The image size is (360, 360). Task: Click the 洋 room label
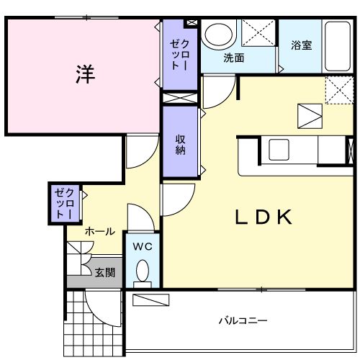(86, 73)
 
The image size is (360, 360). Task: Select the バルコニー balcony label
(243, 320)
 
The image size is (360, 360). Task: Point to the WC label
(143, 246)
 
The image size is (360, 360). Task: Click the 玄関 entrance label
(104, 272)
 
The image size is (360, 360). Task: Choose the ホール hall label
(99, 232)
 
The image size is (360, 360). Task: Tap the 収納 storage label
(180, 144)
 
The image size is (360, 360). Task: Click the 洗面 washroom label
(232, 58)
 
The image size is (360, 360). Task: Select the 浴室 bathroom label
(301, 45)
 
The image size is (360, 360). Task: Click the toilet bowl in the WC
(143, 271)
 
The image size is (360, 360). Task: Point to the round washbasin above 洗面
(217, 35)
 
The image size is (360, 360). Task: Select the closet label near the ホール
(64, 203)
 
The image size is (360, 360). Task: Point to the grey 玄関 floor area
(79, 279)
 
